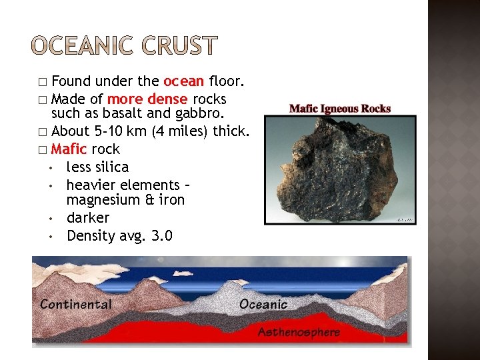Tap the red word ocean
pyautogui.click(x=183, y=82)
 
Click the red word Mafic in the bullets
pyautogui.click(x=69, y=149)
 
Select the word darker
pyautogui.click(x=87, y=218)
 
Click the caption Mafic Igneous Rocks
pyautogui.click(x=340, y=109)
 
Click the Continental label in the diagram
pyautogui.click(x=76, y=305)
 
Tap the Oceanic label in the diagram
pyautogui.click(x=263, y=305)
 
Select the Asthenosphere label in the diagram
pyautogui.click(x=299, y=332)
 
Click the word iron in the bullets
pyautogui.click(x=171, y=200)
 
